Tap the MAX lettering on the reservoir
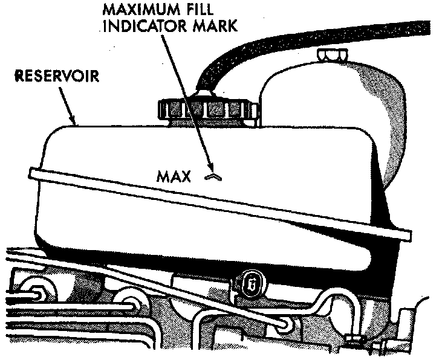click(174, 176)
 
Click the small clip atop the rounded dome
click(331, 55)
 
